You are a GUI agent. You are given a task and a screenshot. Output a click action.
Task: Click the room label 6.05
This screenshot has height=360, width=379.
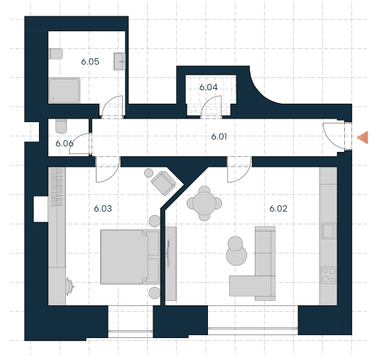[90, 62]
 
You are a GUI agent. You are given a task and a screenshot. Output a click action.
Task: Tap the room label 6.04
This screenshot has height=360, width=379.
[209, 87]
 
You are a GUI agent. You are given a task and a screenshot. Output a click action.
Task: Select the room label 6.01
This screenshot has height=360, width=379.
[219, 136]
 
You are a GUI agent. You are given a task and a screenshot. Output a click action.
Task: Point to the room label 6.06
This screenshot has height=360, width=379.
[65, 143]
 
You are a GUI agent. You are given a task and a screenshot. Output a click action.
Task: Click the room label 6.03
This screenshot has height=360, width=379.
[103, 209]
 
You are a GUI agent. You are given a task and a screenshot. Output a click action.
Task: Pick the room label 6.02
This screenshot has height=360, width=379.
[278, 209]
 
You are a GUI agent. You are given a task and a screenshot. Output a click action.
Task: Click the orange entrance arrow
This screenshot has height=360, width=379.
[363, 137]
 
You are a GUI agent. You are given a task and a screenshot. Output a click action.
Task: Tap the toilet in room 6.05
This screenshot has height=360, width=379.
[56, 54]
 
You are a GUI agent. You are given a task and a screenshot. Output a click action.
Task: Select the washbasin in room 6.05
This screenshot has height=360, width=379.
[120, 61]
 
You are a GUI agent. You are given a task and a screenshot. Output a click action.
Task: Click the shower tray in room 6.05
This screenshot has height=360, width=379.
[65, 91]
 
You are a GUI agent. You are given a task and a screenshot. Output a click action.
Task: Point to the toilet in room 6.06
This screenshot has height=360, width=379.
[61, 126]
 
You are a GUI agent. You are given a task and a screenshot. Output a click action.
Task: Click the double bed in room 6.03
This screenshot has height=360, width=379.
[130, 257]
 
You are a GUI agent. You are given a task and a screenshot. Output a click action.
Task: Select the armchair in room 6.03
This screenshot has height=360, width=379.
[163, 183]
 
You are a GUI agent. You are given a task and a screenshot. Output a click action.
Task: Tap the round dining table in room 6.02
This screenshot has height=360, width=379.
[204, 203]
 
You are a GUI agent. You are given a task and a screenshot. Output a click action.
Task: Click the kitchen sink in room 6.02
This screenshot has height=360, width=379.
[329, 231]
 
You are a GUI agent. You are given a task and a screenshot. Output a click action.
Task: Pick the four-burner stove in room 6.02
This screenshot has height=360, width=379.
[329, 275]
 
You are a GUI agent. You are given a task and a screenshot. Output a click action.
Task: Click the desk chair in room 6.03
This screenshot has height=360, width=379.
[70, 286]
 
